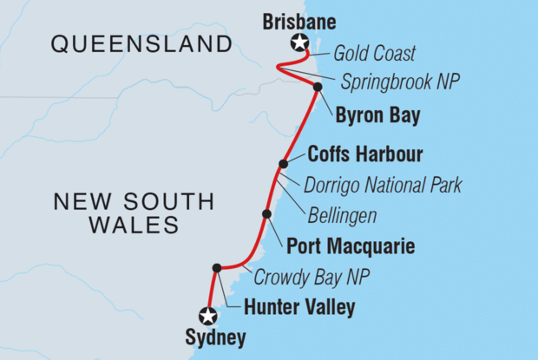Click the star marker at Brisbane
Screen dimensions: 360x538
[300, 43]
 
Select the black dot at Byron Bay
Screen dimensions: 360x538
[318, 87]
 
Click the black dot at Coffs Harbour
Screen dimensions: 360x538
[283, 163]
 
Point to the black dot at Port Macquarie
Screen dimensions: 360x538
[266, 213]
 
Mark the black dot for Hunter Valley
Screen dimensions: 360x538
[216, 268]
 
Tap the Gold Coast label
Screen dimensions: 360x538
[374, 54]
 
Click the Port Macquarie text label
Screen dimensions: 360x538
[350, 247]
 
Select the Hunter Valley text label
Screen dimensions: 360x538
[299, 306]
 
